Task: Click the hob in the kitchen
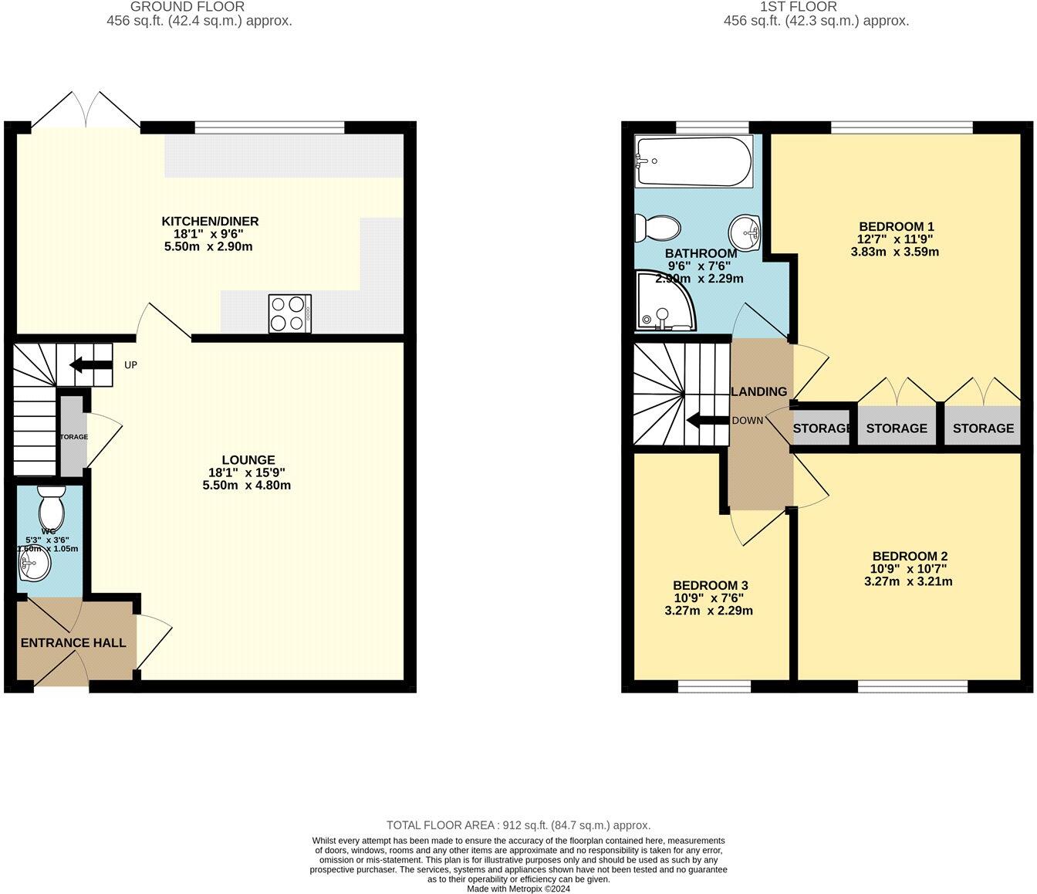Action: click(x=289, y=313)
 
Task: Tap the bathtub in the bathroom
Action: click(x=693, y=161)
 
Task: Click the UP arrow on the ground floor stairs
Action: click(x=91, y=364)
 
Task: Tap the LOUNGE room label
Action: click(x=248, y=460)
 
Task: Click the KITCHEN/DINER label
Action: click(x=210, y=222)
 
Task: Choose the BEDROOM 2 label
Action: click(x=910, y=556)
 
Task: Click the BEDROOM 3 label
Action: click(x=710, y=585)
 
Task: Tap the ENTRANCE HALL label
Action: click(x=73, y=642)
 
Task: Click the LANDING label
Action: click(x=759, y=391)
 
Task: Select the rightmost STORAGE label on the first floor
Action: click(x=983, y=428)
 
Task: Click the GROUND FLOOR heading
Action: click(x=187, y=7)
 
